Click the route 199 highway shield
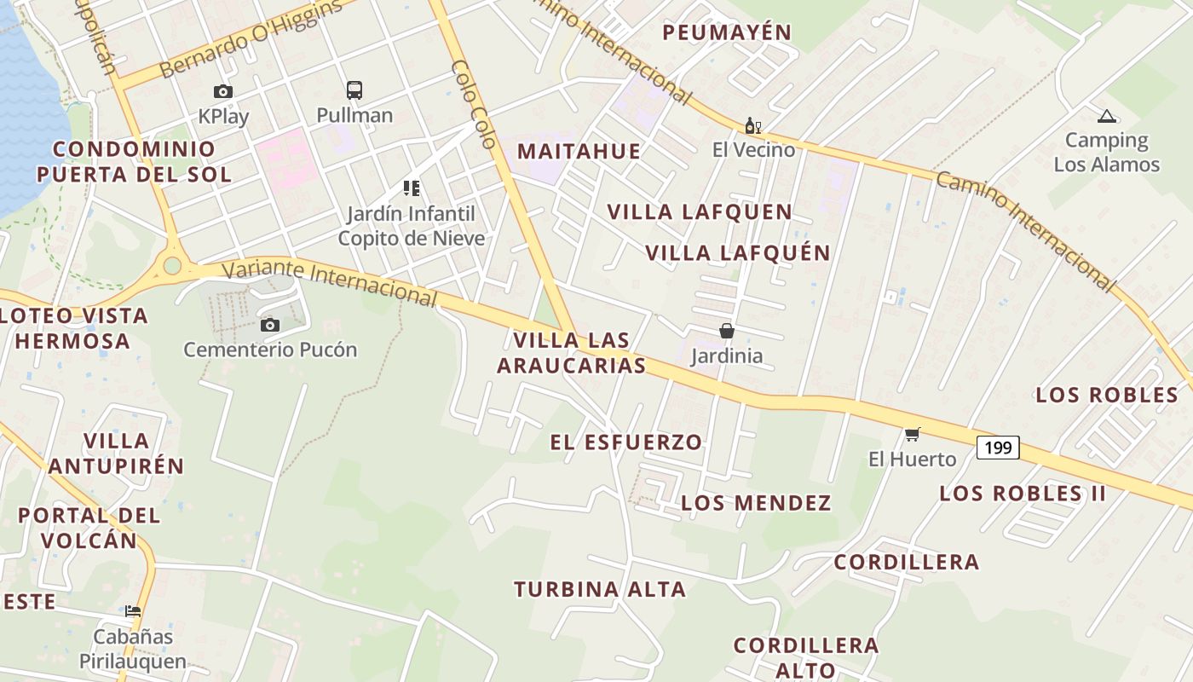tap(997, 447)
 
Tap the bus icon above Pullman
tap(354, 90)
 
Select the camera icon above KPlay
tap(223, 91)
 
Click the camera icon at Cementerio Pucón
tap(270, 325)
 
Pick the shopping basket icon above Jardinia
tap(727, 331)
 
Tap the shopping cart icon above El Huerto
tap(913, 435)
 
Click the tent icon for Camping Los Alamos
tap(1106, 117)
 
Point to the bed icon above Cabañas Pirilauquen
tap(133, 611)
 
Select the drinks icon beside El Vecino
tap(752, 126)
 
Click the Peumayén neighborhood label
tap(727, 32)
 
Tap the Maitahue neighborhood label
tap(579, 152)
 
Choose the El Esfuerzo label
tap(626, 442)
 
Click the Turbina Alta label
tap(599, 589)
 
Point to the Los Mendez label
tap(756, 503)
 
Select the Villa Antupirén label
tap(117, 454)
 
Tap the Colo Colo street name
tap(473, 104)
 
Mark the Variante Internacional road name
tap(330, 282)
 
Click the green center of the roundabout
tap(172, 266)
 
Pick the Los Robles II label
tap(1023, 493)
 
